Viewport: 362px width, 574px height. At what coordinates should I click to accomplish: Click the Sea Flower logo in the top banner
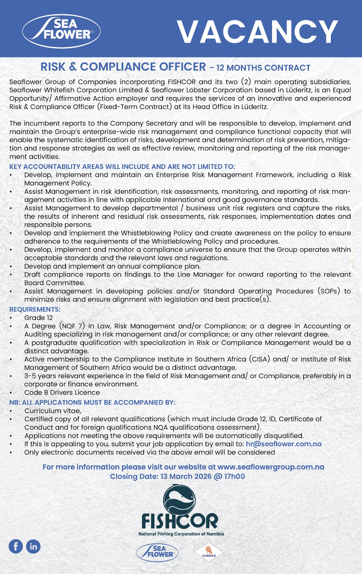[61, 30]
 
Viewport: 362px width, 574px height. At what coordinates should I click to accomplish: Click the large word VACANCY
[257, 32]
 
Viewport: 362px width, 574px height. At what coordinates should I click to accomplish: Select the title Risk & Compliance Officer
[123, 67]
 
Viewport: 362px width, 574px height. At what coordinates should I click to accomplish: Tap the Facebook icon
[16, 546]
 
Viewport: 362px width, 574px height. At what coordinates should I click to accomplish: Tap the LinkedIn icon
[33, 546]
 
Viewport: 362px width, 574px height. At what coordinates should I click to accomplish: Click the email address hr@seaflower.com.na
[284, 444]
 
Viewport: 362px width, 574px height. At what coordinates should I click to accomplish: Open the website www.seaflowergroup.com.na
[271, 467]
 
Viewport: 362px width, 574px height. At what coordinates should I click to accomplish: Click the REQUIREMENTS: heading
[35, 309]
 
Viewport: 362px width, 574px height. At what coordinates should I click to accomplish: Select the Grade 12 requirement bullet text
[38, 318]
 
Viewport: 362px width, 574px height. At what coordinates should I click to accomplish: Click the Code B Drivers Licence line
[62, 392]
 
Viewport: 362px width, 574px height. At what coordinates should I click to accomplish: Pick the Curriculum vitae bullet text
[53, 411]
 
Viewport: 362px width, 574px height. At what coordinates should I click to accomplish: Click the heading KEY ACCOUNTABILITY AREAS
[122, 167]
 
